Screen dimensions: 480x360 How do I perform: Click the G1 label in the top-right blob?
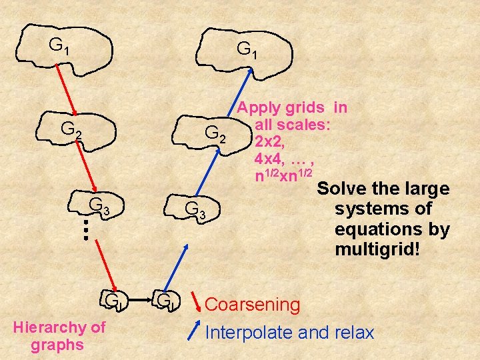[247, 50]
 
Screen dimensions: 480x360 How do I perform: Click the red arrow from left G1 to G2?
[63, 87]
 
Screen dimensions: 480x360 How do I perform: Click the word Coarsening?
[253, 305]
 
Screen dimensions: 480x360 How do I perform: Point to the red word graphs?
[57, 345]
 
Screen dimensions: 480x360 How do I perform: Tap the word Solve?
[340, 189]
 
